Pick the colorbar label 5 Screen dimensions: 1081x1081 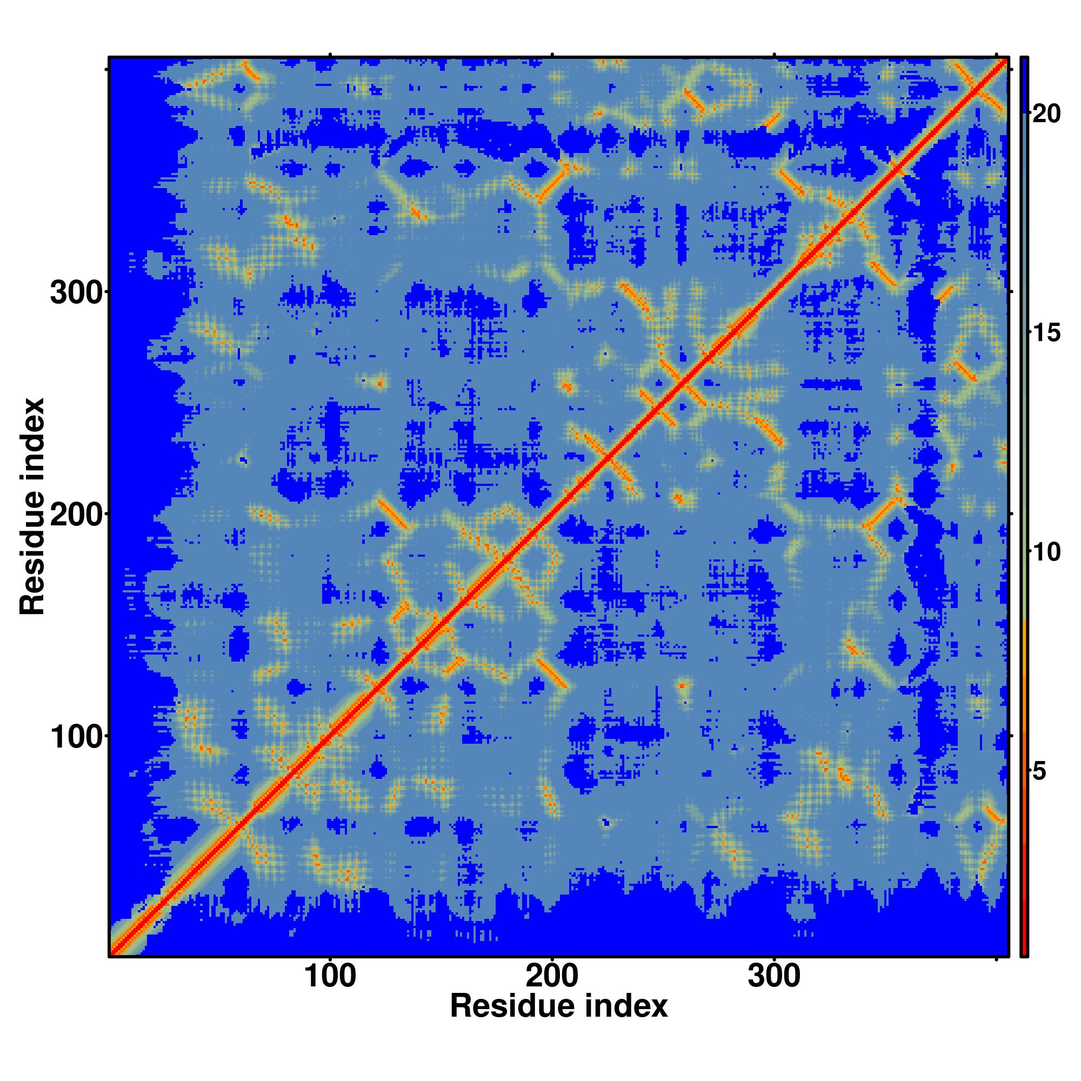click(1046, 772)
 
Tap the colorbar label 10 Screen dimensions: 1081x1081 click(1046, 552)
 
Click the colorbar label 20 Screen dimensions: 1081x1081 click(1046, 114)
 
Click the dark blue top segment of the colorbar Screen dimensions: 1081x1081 click(1024, 84)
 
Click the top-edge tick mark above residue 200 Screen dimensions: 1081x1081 click(552, 54)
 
